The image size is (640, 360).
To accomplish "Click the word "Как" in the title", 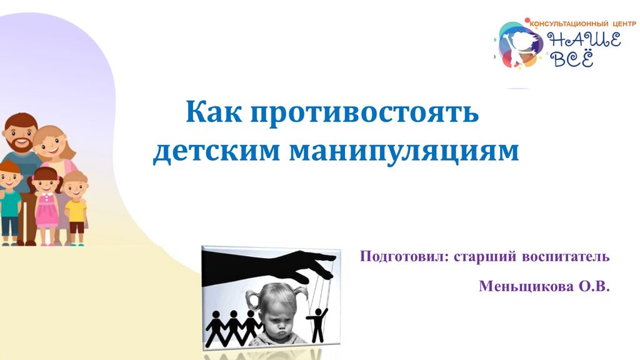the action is point(214,112).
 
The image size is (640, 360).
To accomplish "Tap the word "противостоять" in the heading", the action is point(364,112).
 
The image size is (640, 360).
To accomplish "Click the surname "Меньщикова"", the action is point(526,286).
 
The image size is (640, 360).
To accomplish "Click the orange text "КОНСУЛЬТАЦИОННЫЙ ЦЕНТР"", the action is point(583,24).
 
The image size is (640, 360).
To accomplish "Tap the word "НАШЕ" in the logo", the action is point(584,41).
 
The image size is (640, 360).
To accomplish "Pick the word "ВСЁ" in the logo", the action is point(571,58).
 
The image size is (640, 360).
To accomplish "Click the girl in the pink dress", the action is point(46,205).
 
